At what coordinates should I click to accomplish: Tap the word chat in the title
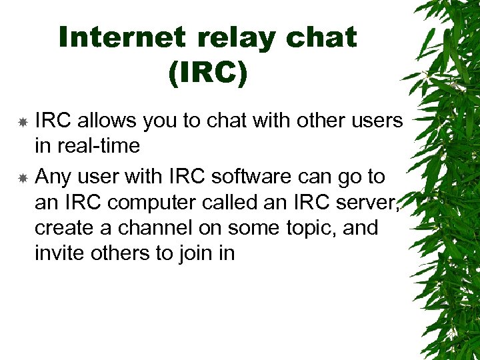321,38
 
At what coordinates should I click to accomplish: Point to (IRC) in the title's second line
207,74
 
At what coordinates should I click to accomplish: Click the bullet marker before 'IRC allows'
22,122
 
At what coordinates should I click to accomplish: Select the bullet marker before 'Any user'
22,178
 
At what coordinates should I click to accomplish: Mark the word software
249,177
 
